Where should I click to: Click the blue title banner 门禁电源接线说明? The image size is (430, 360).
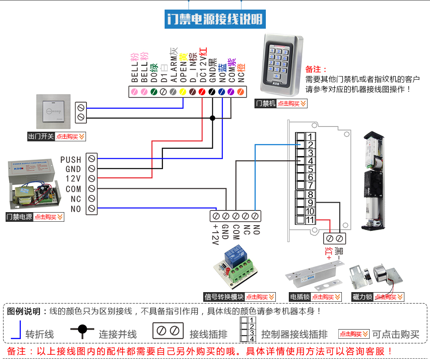click(215, 19)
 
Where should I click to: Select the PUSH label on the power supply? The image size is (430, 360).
click(71, 160)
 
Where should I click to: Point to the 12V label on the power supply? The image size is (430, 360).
click(73, 179)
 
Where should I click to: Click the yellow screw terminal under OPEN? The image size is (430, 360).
click(182, 92)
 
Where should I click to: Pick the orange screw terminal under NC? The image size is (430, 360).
click(240, 92)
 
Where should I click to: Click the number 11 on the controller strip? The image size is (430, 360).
click(310, 220)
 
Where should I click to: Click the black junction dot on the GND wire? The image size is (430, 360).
click(212, 118)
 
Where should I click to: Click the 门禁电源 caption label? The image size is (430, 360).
click(20, 217)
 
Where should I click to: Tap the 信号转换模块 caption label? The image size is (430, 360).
click(224, 297)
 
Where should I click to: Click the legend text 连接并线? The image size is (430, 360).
click(118, 334)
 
